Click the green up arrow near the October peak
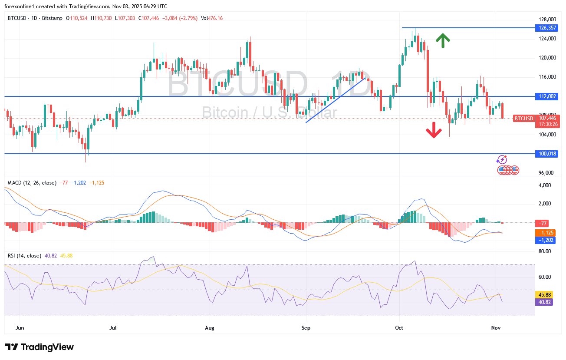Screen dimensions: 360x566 [x=443, y=40]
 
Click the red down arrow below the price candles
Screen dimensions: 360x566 [x=434, y=130]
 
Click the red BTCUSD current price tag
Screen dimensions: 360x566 [x=523, y=118]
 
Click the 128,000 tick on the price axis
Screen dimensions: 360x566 [x=548, y=20]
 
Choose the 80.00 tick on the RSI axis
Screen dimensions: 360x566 [x=545, y=251]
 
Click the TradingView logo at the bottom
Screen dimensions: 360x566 [x=39, y=347]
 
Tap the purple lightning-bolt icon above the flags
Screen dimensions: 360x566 [x=502, y=160]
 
